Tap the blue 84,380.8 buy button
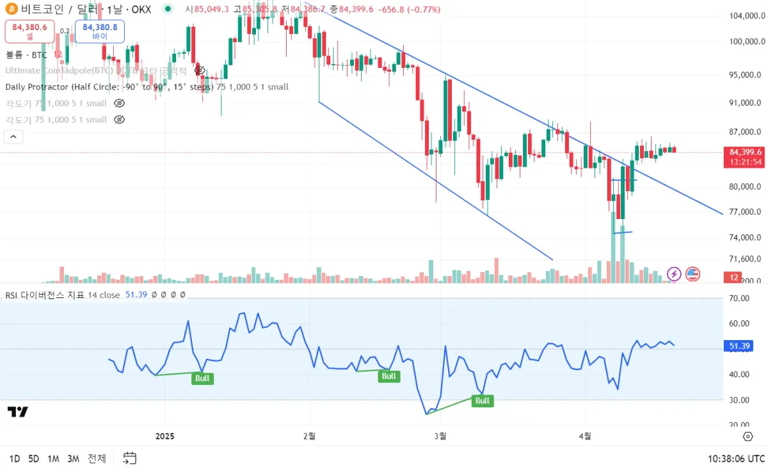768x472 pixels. pyautogui.click(x=99, y=31)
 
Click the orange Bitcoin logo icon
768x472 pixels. pyautogui.click(x=11, y=9)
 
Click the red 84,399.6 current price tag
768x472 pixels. pyautogui.click(x=745, y=152)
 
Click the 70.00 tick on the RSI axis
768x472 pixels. pyautogui.click(x=739, y=298)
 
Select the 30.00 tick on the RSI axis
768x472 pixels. pyautogui.click(x=739, y=400)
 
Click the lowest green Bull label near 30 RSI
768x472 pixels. pyautogui.click(x=482, y=401)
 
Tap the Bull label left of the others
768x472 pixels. pyautogui.click(x=202, y=378)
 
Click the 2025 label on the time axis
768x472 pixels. pyautogui.click(x=164, y=436)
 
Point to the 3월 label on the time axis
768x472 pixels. pyautogui.click(x=440, y=436)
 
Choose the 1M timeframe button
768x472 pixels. pyautogui.click(x=53, y=459)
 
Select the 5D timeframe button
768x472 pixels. pyautogui.click(x=34, y=459)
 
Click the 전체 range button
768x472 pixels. pyautogui.click(x=97, y=459)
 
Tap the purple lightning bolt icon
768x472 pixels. pyautogui.click(x=674, y=274)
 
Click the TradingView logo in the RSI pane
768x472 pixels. pyautogui.click(x=18, y=412)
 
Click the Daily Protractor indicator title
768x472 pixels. pyautogui.click(x=147, y=86)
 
